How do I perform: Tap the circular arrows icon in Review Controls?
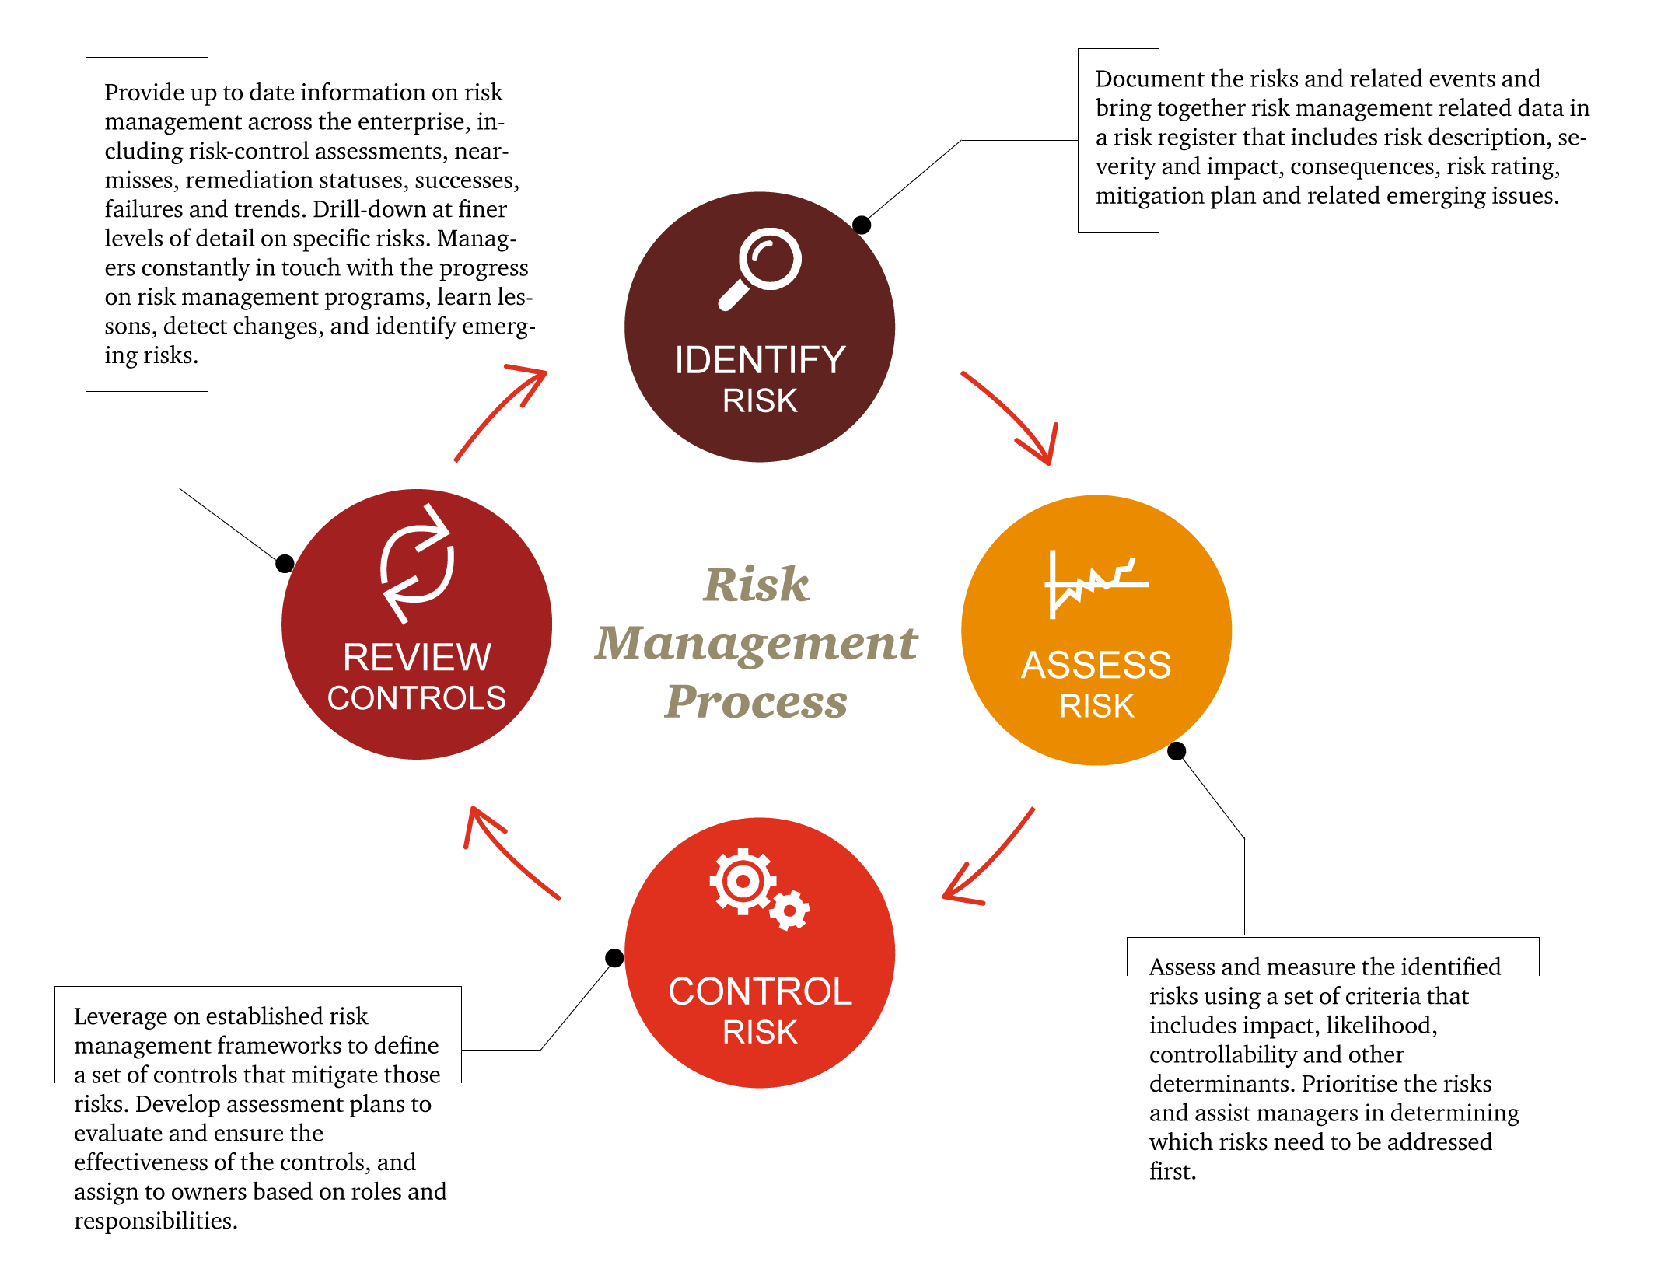click(417, 564)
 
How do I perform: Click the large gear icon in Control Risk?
click(743, 881)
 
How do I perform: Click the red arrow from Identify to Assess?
click(1016, 416)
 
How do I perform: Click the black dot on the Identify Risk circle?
click(862, 225)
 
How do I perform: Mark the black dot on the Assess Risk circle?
click(1177, 750)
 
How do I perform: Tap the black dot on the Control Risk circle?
click(614, 957)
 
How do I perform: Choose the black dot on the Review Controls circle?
click(285, 563)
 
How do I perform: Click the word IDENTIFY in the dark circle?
click(760, 360)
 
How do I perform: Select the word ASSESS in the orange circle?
click(1096, 666)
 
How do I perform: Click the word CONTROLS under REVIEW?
click(417, 697)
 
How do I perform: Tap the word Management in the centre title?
click(756, 644)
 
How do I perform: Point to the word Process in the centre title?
click(756, 701)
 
